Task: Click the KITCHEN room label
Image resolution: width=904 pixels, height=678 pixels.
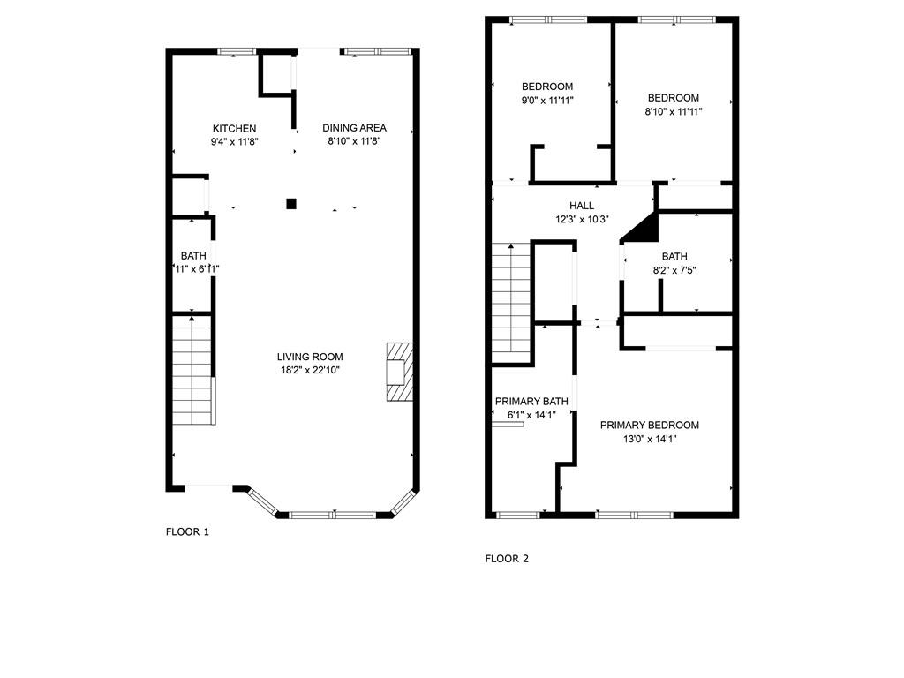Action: [234, 129]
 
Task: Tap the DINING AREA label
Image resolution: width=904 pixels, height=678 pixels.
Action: [354, 128]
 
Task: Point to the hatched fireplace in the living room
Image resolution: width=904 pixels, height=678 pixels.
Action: [398, 372]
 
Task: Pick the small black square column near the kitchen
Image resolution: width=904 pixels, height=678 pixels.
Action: [290, 204]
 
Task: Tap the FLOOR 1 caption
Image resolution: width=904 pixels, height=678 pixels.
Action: [187, 531]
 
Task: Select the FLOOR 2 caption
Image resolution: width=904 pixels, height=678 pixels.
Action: [507, 559]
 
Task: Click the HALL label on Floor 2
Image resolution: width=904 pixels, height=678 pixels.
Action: [582, 206]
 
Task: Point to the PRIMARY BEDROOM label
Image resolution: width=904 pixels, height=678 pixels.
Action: [649, 426]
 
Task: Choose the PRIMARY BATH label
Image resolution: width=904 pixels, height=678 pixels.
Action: [531, 401]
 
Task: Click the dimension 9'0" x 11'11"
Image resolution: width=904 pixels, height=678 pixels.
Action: [547, 101]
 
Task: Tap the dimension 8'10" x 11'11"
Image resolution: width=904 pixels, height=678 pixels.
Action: [673, 112]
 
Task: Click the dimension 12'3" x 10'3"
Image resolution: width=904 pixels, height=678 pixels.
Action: [582, 219]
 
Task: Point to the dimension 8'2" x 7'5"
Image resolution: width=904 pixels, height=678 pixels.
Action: [674, 271]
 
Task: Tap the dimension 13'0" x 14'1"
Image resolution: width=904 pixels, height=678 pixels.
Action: [649, 439]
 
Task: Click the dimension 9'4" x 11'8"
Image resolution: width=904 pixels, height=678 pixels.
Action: [234, 141]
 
